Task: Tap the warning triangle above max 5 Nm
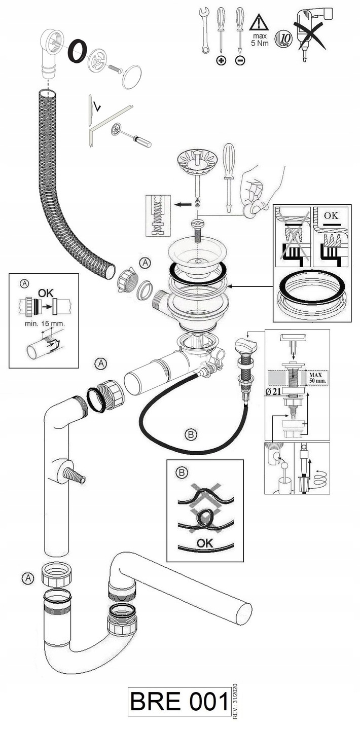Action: [259, 23]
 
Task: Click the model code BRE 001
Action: [179, 701]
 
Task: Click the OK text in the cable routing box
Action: [205, 543]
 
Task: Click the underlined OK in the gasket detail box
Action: [331, 215]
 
